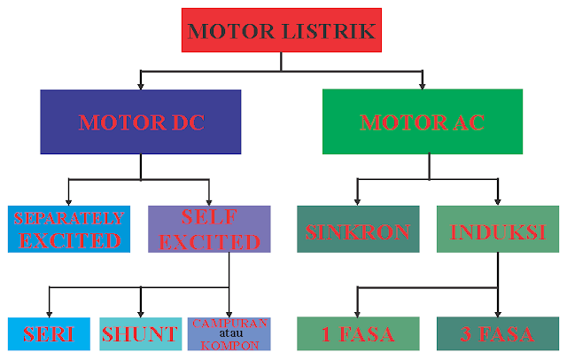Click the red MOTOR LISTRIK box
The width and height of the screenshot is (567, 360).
(x=282, y=30)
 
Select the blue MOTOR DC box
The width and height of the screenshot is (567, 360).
(x=141, y=122)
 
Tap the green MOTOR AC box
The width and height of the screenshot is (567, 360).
(x=423, y=121)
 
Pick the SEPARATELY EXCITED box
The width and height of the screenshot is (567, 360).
(x=69, y=229)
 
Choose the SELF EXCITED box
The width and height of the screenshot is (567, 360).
(x=209, y=229)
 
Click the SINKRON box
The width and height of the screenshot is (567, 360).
(x=358, y=229)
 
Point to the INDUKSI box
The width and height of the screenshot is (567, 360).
(x=498, y=229)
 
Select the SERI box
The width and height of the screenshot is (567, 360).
(x=49, y=334)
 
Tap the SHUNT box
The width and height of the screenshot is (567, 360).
(x=141, y=334)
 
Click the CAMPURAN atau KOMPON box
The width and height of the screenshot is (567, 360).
(x=229, y=334)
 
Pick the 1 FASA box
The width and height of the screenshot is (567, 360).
(x=358, y=333)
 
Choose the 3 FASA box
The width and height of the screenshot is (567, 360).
(x=498, y=333)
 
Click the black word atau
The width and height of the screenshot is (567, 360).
(x=230, y=333)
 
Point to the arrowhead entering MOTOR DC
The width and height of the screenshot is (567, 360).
(x=141, y=87)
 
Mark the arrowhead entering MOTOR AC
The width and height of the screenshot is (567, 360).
(x=422, y=86)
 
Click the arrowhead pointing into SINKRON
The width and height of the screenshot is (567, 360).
(x=357, y=202)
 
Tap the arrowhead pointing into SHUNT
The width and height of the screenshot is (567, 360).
(x=141, y=314)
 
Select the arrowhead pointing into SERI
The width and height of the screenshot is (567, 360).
(x=50, y=314)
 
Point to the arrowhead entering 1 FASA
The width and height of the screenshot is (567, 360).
(x=357, y=314)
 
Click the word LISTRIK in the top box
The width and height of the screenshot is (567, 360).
(x=329, y=31)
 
